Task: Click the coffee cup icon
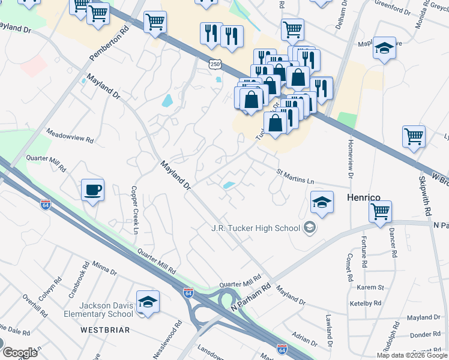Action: pyautogui.click(x=92, y=190)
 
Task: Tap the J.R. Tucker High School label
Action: pyautogui.click(x=255, y=227)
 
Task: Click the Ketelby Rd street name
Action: pyautogui.click(x=365, y=304)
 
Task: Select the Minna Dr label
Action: pyautogui.click(x=104, y=268)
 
